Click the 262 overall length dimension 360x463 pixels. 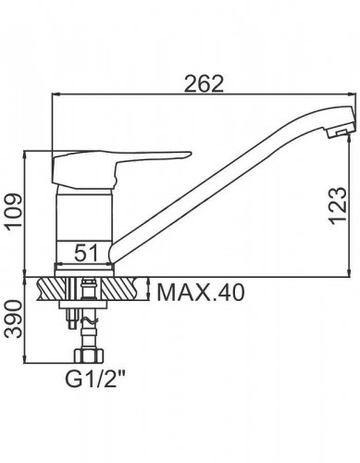pyautogui.click(x=204, y=83)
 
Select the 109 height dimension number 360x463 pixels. pyautogui.click(x=15, y=210)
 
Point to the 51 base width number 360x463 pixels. pyautogui.click(x=85, y=252)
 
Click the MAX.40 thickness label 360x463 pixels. pyautogui.click(x=201, y=293)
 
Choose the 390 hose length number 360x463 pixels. pyautogui.click(x=15, y=319)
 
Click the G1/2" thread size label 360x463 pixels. pyautogui.click(x=95, y=380)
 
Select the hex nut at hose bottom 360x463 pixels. pyautogui.click(x=89, y=356)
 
